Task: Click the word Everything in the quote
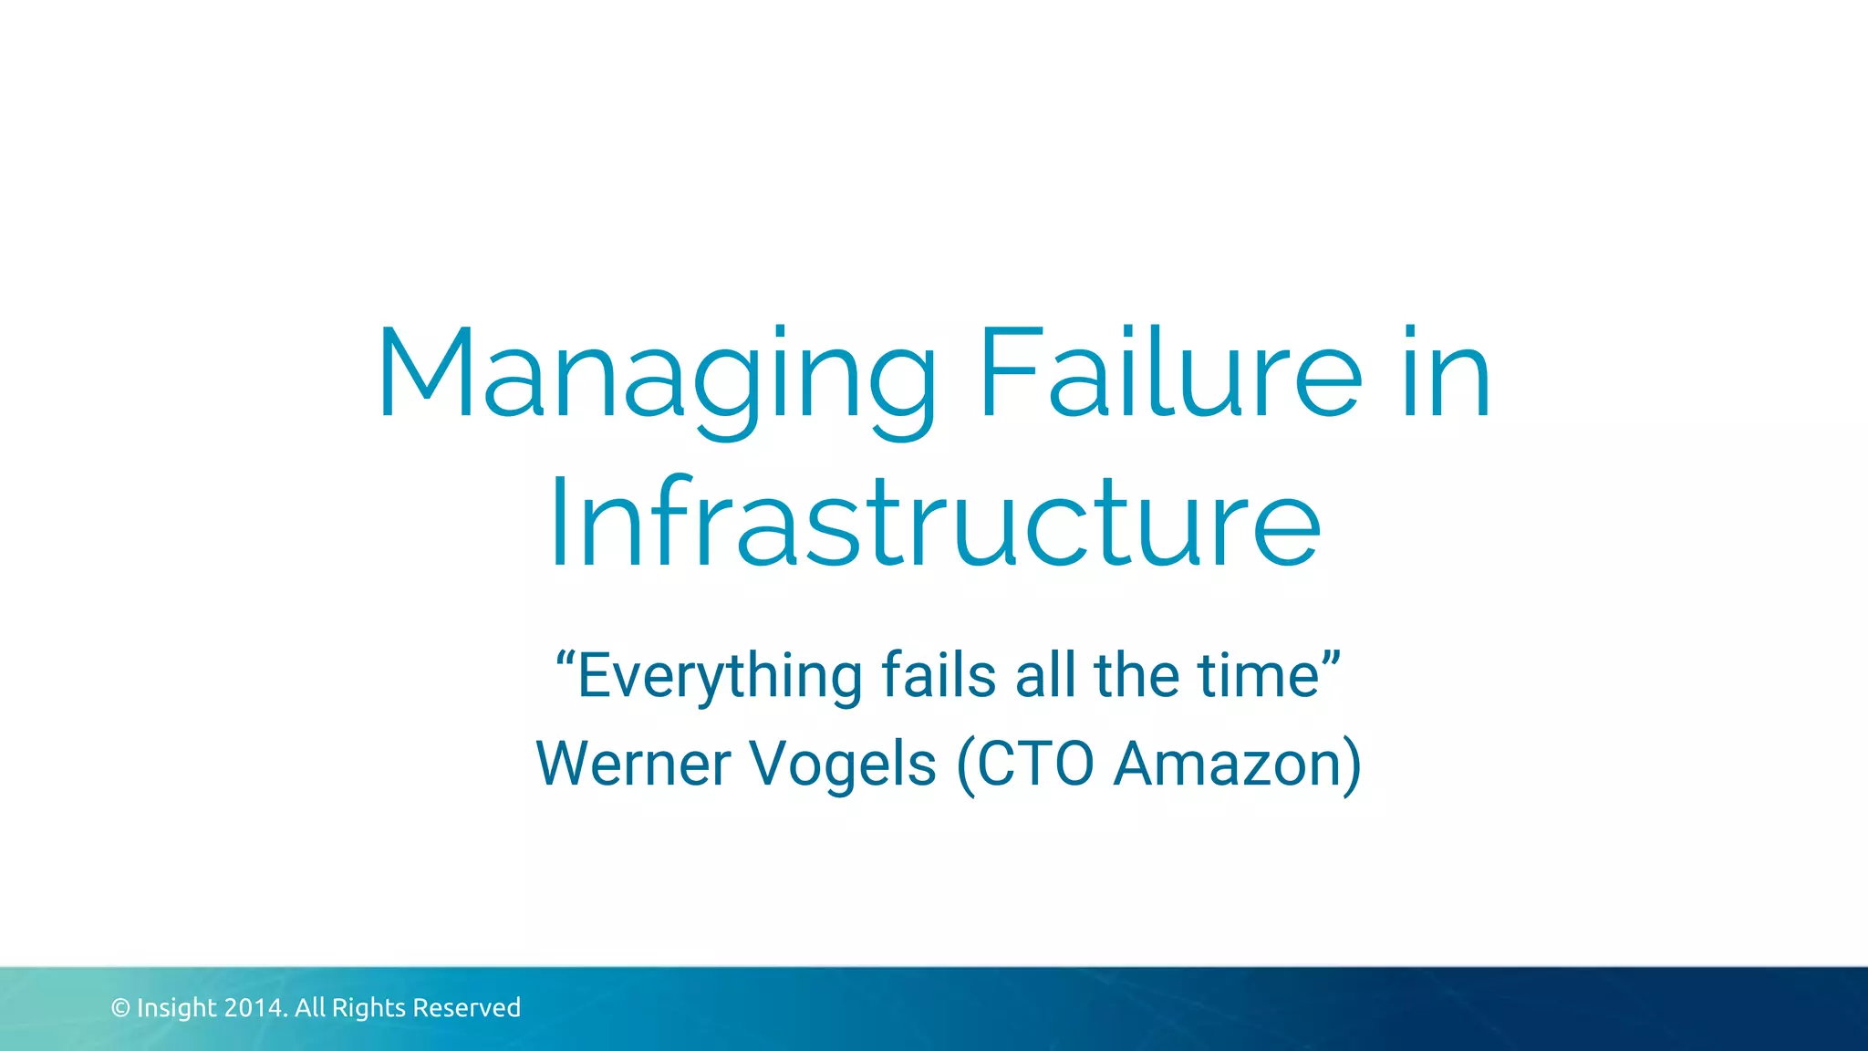pyautogui.click(x=720, y=677)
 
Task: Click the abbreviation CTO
pyautogui.click(x=1034, y=764)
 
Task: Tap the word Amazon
pyautogui.click(x=1227, y=764)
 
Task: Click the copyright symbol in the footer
pyautogui.click(x=120, y=1008)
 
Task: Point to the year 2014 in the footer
pyautogui.click(x=254, y=1008)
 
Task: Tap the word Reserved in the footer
pyautogui.click(x=466, y=1008)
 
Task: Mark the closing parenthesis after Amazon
pyautogui.click(x=1352, y=765)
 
